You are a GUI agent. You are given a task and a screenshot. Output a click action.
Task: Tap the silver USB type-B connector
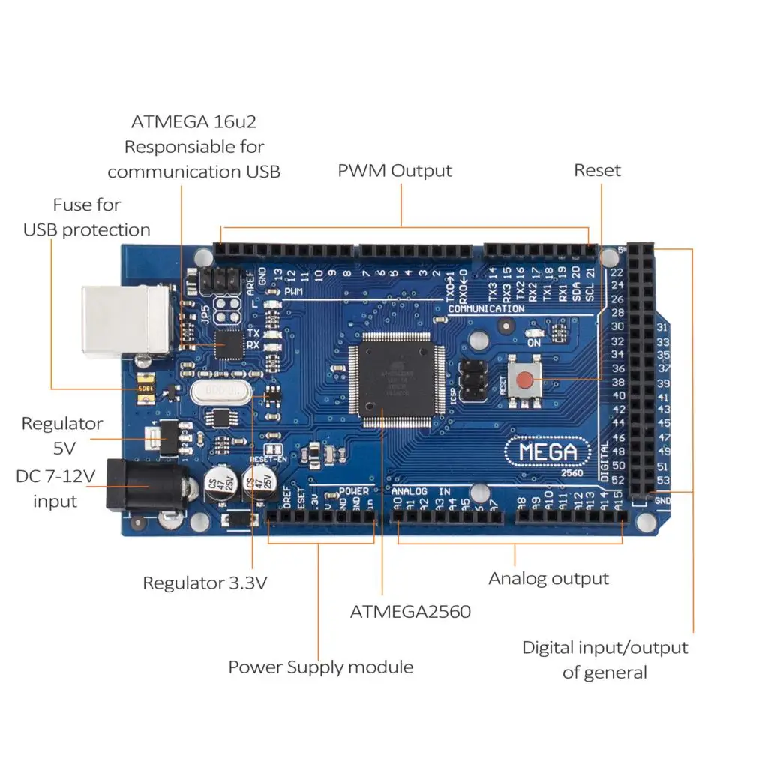coord(125,320)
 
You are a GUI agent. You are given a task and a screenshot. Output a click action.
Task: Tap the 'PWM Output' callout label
coord(394,171)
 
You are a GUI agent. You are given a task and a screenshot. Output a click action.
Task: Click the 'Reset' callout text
coord(597,171)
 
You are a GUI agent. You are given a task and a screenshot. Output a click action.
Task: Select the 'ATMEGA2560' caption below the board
coord(410,612)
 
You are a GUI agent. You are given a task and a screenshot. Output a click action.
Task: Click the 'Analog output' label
coord(548,579)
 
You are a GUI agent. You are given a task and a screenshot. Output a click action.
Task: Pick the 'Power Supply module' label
coord(320,667)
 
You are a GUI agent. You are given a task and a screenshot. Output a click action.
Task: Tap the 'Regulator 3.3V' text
coord(204,583)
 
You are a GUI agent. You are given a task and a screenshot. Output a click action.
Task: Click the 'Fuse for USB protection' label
coord(86,217)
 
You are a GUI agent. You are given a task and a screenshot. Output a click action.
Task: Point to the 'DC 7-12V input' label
coord(55,489)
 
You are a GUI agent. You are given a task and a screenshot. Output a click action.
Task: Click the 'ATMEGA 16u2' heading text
coord(193,122)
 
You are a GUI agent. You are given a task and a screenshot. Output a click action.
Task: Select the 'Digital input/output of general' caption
coord(604,659)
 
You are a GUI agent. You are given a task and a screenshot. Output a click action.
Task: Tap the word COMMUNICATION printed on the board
coord(485,309)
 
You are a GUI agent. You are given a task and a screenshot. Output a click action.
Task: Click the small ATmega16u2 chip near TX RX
coord(229,345)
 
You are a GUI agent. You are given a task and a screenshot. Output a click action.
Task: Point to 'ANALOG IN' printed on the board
coord(420,492)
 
